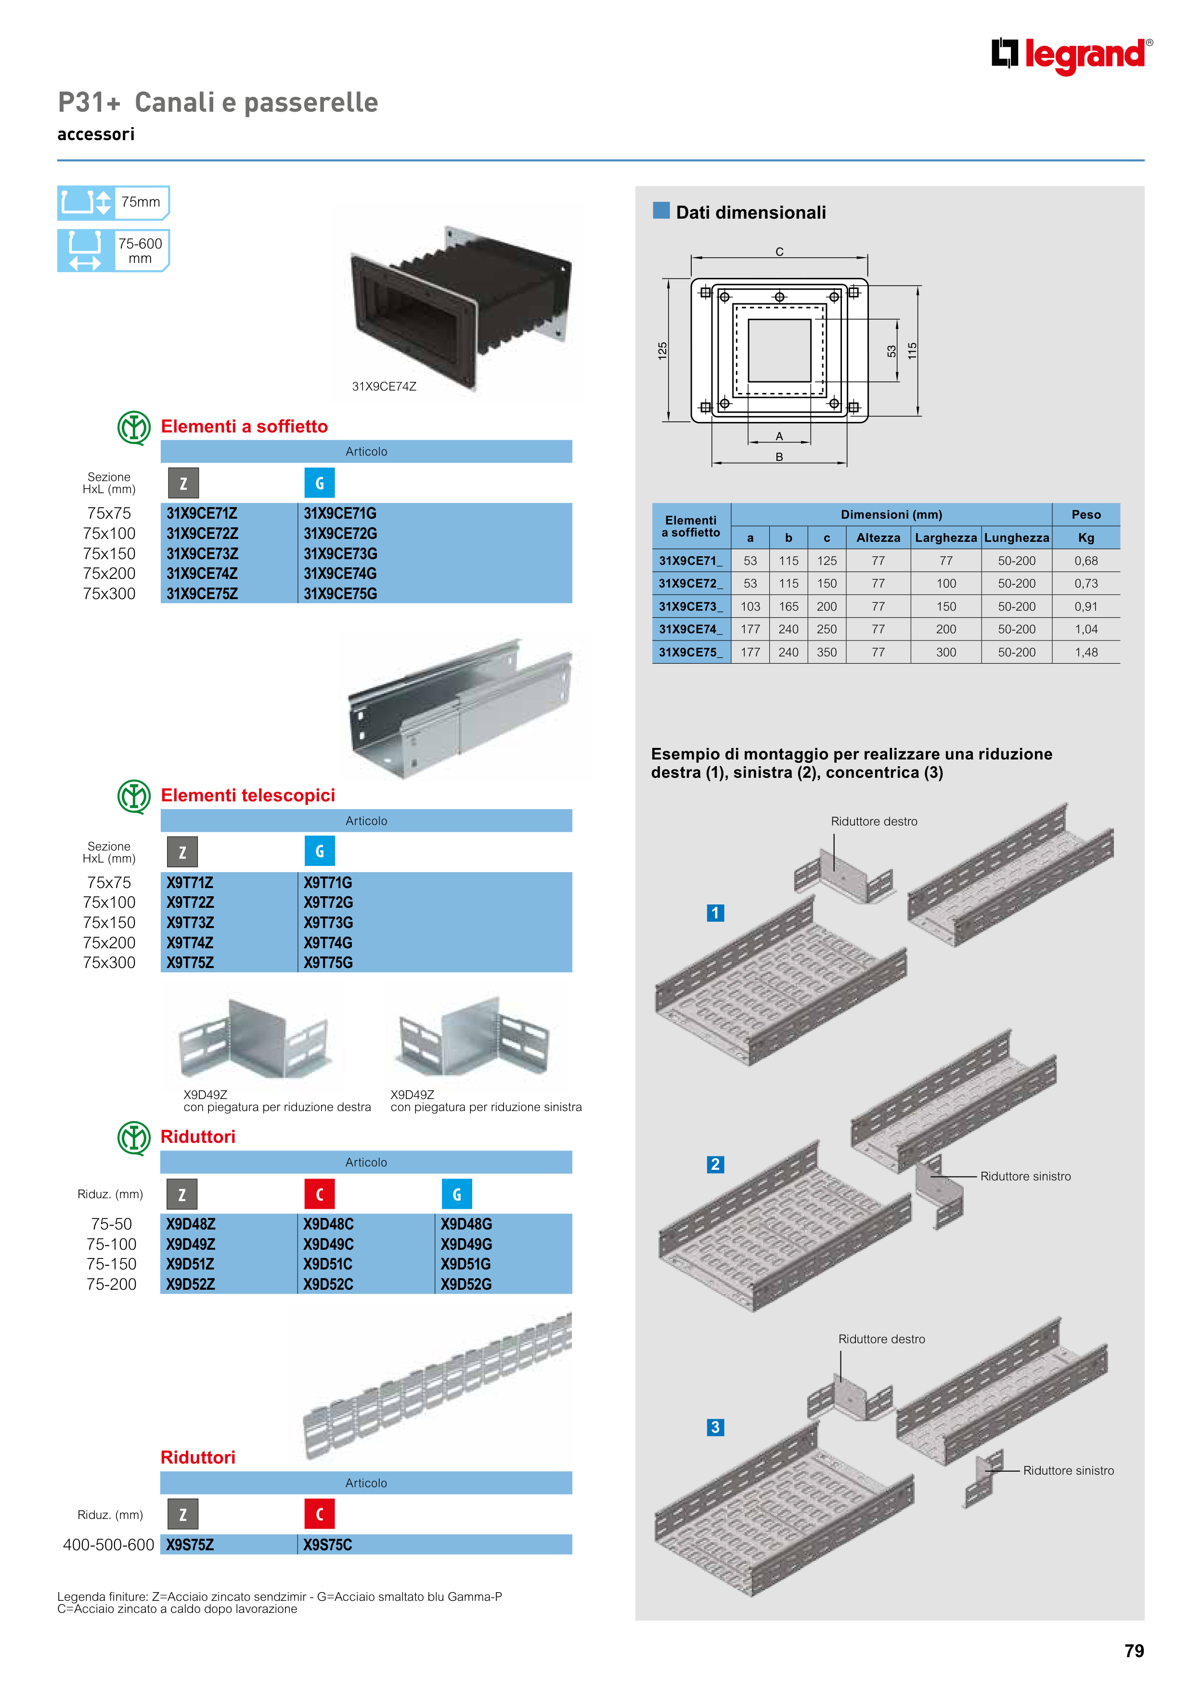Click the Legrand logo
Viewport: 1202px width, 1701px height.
pyautogui.click(x=1071, y=55)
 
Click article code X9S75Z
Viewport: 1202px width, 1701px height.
pyautogui.click(x=190, y=1544)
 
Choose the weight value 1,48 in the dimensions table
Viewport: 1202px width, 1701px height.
pyautogui.click(x=1086, y=652)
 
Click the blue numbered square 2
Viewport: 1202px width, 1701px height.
pyautogui.click(x=715, y=1164)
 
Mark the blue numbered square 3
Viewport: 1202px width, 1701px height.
pyautogui.click(x=715, y=1427)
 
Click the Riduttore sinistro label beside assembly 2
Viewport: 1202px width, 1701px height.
pyautogui.click(x=1025, y=1177)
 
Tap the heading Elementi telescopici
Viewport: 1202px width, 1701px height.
pyautogui.click(x=247, y=795)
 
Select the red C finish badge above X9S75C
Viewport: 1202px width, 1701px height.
pyautogui.click(x=319, y=1514)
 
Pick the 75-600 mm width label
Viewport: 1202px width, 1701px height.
pyautogui.click(x=140, y=250)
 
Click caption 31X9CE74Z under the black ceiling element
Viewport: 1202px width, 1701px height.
pyautogui.click(x=384, y=386)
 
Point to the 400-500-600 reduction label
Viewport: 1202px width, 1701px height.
pyautogui.click(x=108, y=1544)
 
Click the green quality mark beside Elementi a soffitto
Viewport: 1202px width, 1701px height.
pyautogui.click(x=134, y=428)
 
